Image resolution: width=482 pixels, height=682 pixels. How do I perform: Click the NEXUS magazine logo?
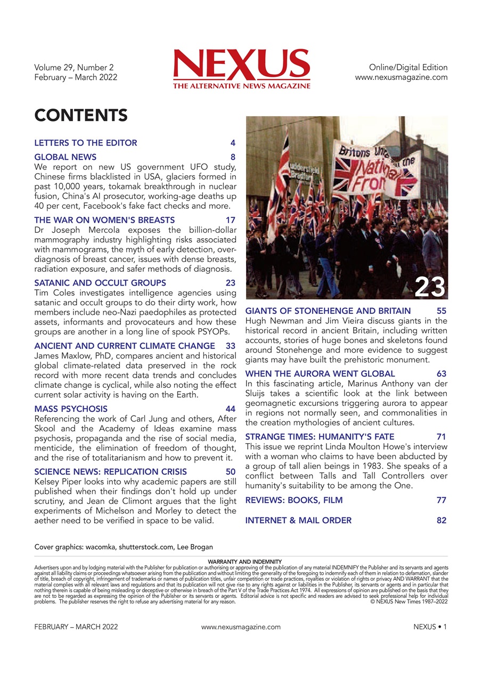241,68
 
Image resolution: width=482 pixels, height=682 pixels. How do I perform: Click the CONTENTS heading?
80,115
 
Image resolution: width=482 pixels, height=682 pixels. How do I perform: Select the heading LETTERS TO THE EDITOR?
85,143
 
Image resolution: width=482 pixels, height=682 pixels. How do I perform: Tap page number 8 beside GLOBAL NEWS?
233,157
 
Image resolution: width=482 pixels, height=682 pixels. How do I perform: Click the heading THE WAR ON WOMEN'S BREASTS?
104,220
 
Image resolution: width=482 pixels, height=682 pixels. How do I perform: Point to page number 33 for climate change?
230,346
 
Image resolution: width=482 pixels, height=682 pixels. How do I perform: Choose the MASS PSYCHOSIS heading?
70,409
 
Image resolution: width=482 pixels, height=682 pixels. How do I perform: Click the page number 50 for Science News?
230,472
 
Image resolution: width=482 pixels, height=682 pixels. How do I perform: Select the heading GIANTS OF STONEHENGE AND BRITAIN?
328,311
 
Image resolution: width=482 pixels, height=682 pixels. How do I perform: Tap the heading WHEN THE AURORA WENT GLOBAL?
320,374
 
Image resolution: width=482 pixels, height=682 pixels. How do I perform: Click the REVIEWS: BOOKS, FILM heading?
293,500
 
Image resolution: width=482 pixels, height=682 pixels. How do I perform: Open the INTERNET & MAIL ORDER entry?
298,521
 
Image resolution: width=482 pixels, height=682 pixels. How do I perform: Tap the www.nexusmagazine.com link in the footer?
241,627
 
